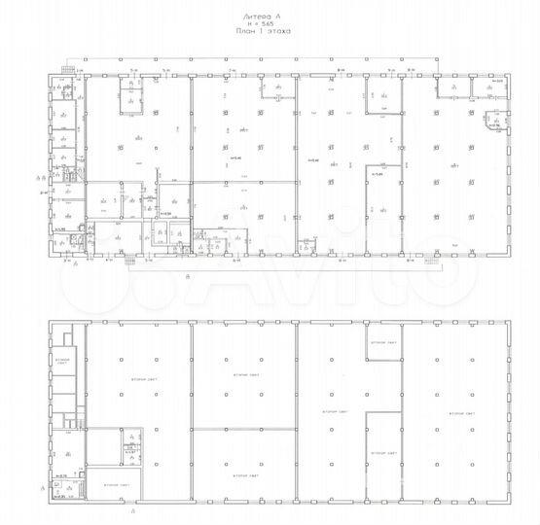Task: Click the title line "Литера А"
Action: [270, 16]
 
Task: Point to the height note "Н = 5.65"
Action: [270, 24]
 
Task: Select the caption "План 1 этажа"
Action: [270, 33]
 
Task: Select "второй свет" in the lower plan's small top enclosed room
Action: [382, 342]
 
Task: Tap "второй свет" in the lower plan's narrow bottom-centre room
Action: [382, 454]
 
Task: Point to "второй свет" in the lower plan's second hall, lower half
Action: [242, 475]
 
